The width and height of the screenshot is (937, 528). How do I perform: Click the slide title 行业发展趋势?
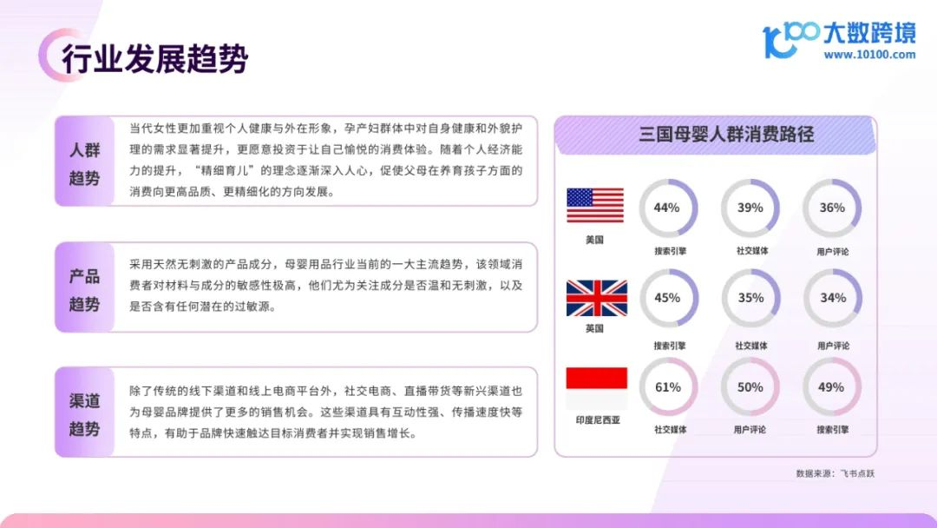tap(154, 58)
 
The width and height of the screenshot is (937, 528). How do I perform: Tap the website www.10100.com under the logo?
tap(869, 55)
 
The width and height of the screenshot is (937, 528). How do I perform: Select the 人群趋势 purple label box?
tap(84, 162)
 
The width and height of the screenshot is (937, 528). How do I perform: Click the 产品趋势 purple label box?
tap(84, 287)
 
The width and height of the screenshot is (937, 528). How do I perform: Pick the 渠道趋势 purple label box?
tap(84, 412)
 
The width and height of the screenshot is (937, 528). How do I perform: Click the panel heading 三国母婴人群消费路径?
tap(726, 134)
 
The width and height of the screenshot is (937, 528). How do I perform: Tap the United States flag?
tap(595, 205)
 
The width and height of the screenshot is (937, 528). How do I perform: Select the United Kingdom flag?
tap(596, 298)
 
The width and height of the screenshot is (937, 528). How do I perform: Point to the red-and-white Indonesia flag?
tap(596, 388)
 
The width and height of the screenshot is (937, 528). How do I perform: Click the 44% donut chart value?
tap(666, 208)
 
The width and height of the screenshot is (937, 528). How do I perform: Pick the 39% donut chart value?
tap(750, 208)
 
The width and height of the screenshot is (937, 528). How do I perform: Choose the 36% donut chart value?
tap(832, 208)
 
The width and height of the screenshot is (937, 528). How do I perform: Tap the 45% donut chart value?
tap(667, 298)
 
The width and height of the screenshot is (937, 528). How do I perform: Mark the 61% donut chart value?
tap(667, 387)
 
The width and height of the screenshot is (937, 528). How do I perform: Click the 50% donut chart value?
tap(750, 387)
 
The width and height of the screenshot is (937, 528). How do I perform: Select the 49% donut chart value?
tap(831, 387)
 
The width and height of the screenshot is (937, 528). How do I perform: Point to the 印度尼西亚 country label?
tap(598, 420)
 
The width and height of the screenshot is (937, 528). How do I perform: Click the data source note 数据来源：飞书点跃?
tap(835, 473)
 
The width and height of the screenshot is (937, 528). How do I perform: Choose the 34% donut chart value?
tap(833, 298)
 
